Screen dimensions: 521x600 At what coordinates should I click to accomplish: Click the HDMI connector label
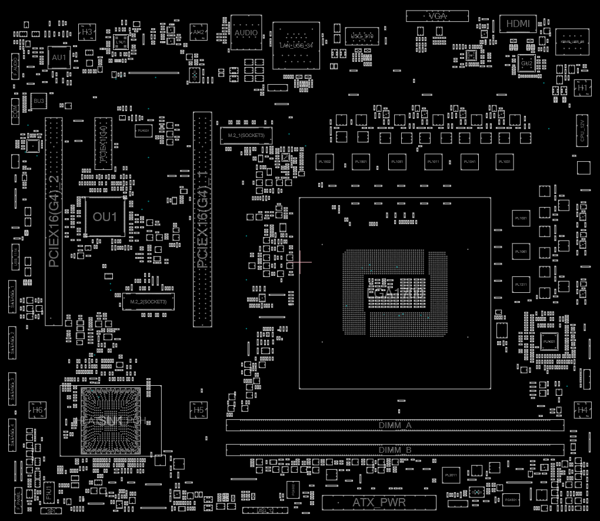(x=518, y=24)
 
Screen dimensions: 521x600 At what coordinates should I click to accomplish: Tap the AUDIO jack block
(x=246, y=33)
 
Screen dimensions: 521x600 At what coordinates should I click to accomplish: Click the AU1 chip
(x=59, y=57)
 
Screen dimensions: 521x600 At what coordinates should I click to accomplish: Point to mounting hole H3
(x=87, y=31)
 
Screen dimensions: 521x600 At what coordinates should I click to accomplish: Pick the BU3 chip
(x=39, y=101)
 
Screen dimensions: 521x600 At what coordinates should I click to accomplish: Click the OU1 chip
(x=105, y=217)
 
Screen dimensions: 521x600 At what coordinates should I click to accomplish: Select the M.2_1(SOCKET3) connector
(x=246, y=136)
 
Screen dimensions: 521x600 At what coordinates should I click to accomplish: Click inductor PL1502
(x=324, y=161)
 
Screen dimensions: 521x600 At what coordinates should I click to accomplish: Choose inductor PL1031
(x=504, y=161)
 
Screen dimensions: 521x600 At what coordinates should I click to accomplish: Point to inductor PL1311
(x=521, y=285)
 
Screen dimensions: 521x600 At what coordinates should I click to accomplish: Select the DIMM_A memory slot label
(x=395, y=425)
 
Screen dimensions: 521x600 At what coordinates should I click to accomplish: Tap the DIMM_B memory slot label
(x=395, y=450)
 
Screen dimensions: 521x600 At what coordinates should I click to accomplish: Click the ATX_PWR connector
(x=379, y=503)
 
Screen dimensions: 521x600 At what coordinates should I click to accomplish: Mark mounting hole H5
(x=199, y=409)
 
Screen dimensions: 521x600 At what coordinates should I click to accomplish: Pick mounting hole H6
(x=38, y=409)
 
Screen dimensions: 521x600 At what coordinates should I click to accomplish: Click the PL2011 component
(x=451, y=475)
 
